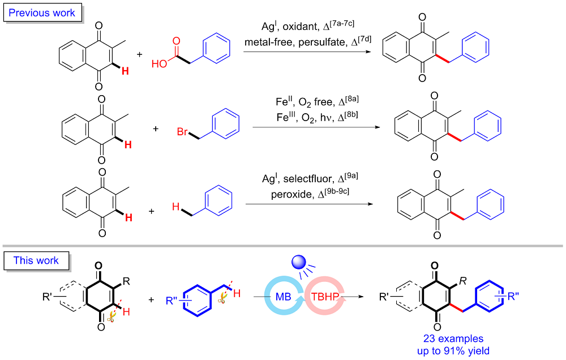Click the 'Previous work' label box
click(42, 12)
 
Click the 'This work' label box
click(36, 260)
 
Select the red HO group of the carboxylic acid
click(159, 64)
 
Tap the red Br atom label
click(182, 132)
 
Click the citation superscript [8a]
click(352, 98)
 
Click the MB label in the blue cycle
click(284, 297)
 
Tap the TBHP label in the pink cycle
click(325, 297)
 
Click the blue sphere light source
click(298, 262)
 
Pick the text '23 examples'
click(453, 338)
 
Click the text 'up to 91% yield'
click(453, 350)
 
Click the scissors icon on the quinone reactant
click(111, 318)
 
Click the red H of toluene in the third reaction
click(176, 207)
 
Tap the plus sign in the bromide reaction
click(156, 128)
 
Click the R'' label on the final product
click(513, 297)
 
